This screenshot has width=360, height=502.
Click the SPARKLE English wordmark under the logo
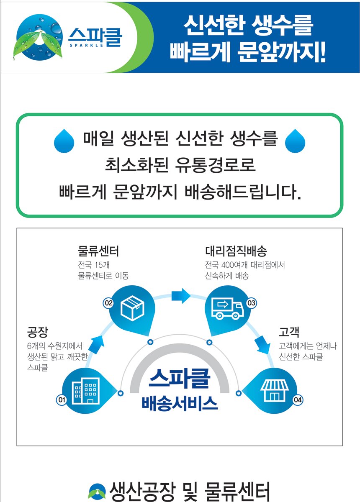pos(87,45)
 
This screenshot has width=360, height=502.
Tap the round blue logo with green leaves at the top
pos(38,37)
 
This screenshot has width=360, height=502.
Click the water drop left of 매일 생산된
pos(64,141)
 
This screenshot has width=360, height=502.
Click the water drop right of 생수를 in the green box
pos(295,141)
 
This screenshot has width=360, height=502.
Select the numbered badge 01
pos(61,400)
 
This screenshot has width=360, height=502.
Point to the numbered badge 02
pos(108,303)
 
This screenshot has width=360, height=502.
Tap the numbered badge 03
pos(251,303)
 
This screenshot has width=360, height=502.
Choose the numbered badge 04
pos(298,400)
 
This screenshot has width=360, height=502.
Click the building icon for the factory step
pos(86,391)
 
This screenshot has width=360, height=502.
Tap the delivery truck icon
pos(228,308)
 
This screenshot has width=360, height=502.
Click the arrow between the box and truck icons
pos(181,296)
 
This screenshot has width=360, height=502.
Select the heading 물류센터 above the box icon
pos(98,251)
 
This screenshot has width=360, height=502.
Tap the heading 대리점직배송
pos(236,251)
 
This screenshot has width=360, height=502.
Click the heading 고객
pos(289,332)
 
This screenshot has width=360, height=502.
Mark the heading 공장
pos(37,332)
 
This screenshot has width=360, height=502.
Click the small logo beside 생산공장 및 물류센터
pos(97,492)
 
